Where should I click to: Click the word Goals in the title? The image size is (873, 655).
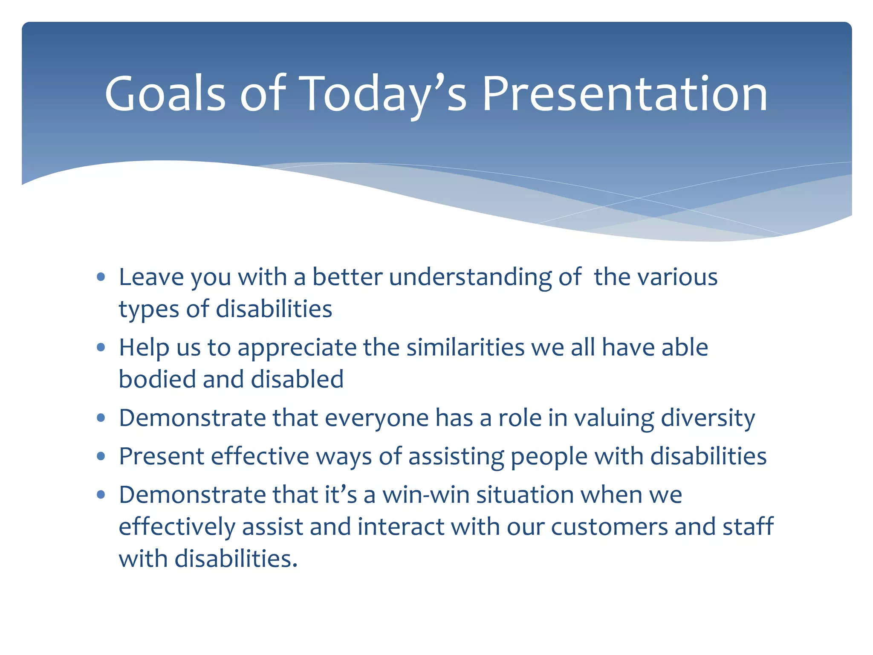point(165,93)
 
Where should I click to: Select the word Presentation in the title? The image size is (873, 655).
point(625,93)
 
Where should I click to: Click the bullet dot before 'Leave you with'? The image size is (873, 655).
point(101,278)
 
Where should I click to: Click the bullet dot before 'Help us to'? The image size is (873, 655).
point(101,348)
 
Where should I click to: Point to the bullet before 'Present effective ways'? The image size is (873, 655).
point(101,457)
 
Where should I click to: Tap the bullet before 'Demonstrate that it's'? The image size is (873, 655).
point(101,495)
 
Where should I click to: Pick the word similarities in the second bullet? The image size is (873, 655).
point(465,348)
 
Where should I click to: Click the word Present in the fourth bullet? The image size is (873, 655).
point(162,456)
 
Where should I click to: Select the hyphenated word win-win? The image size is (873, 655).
point(426,495)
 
